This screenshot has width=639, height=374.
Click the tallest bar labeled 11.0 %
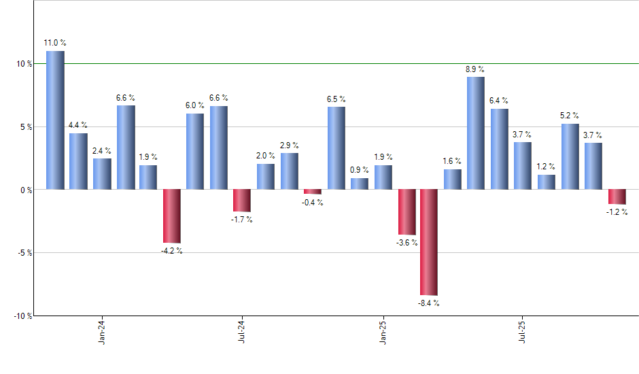point(55,120)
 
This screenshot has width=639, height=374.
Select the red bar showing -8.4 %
point(429,242)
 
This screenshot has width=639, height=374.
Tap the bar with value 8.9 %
point(476,133)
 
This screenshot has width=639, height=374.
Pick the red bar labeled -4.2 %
point(171,216)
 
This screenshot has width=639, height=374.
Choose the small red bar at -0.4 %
point(312,192)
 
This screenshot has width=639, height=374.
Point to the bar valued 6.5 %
point(336,148)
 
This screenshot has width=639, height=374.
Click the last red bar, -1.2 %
point(617,197)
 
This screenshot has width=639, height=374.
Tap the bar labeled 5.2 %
point(570,156)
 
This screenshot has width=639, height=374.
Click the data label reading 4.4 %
point(78,125)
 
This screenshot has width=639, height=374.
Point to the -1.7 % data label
point(241,220)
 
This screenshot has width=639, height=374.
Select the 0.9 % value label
point(360,170)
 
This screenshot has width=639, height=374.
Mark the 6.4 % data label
point(499,101)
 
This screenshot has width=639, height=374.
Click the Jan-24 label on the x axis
point(102,333)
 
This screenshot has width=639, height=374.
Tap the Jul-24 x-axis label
point(241,333)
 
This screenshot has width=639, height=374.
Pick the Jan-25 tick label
point(383,333)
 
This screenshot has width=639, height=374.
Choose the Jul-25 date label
point(522,333)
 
